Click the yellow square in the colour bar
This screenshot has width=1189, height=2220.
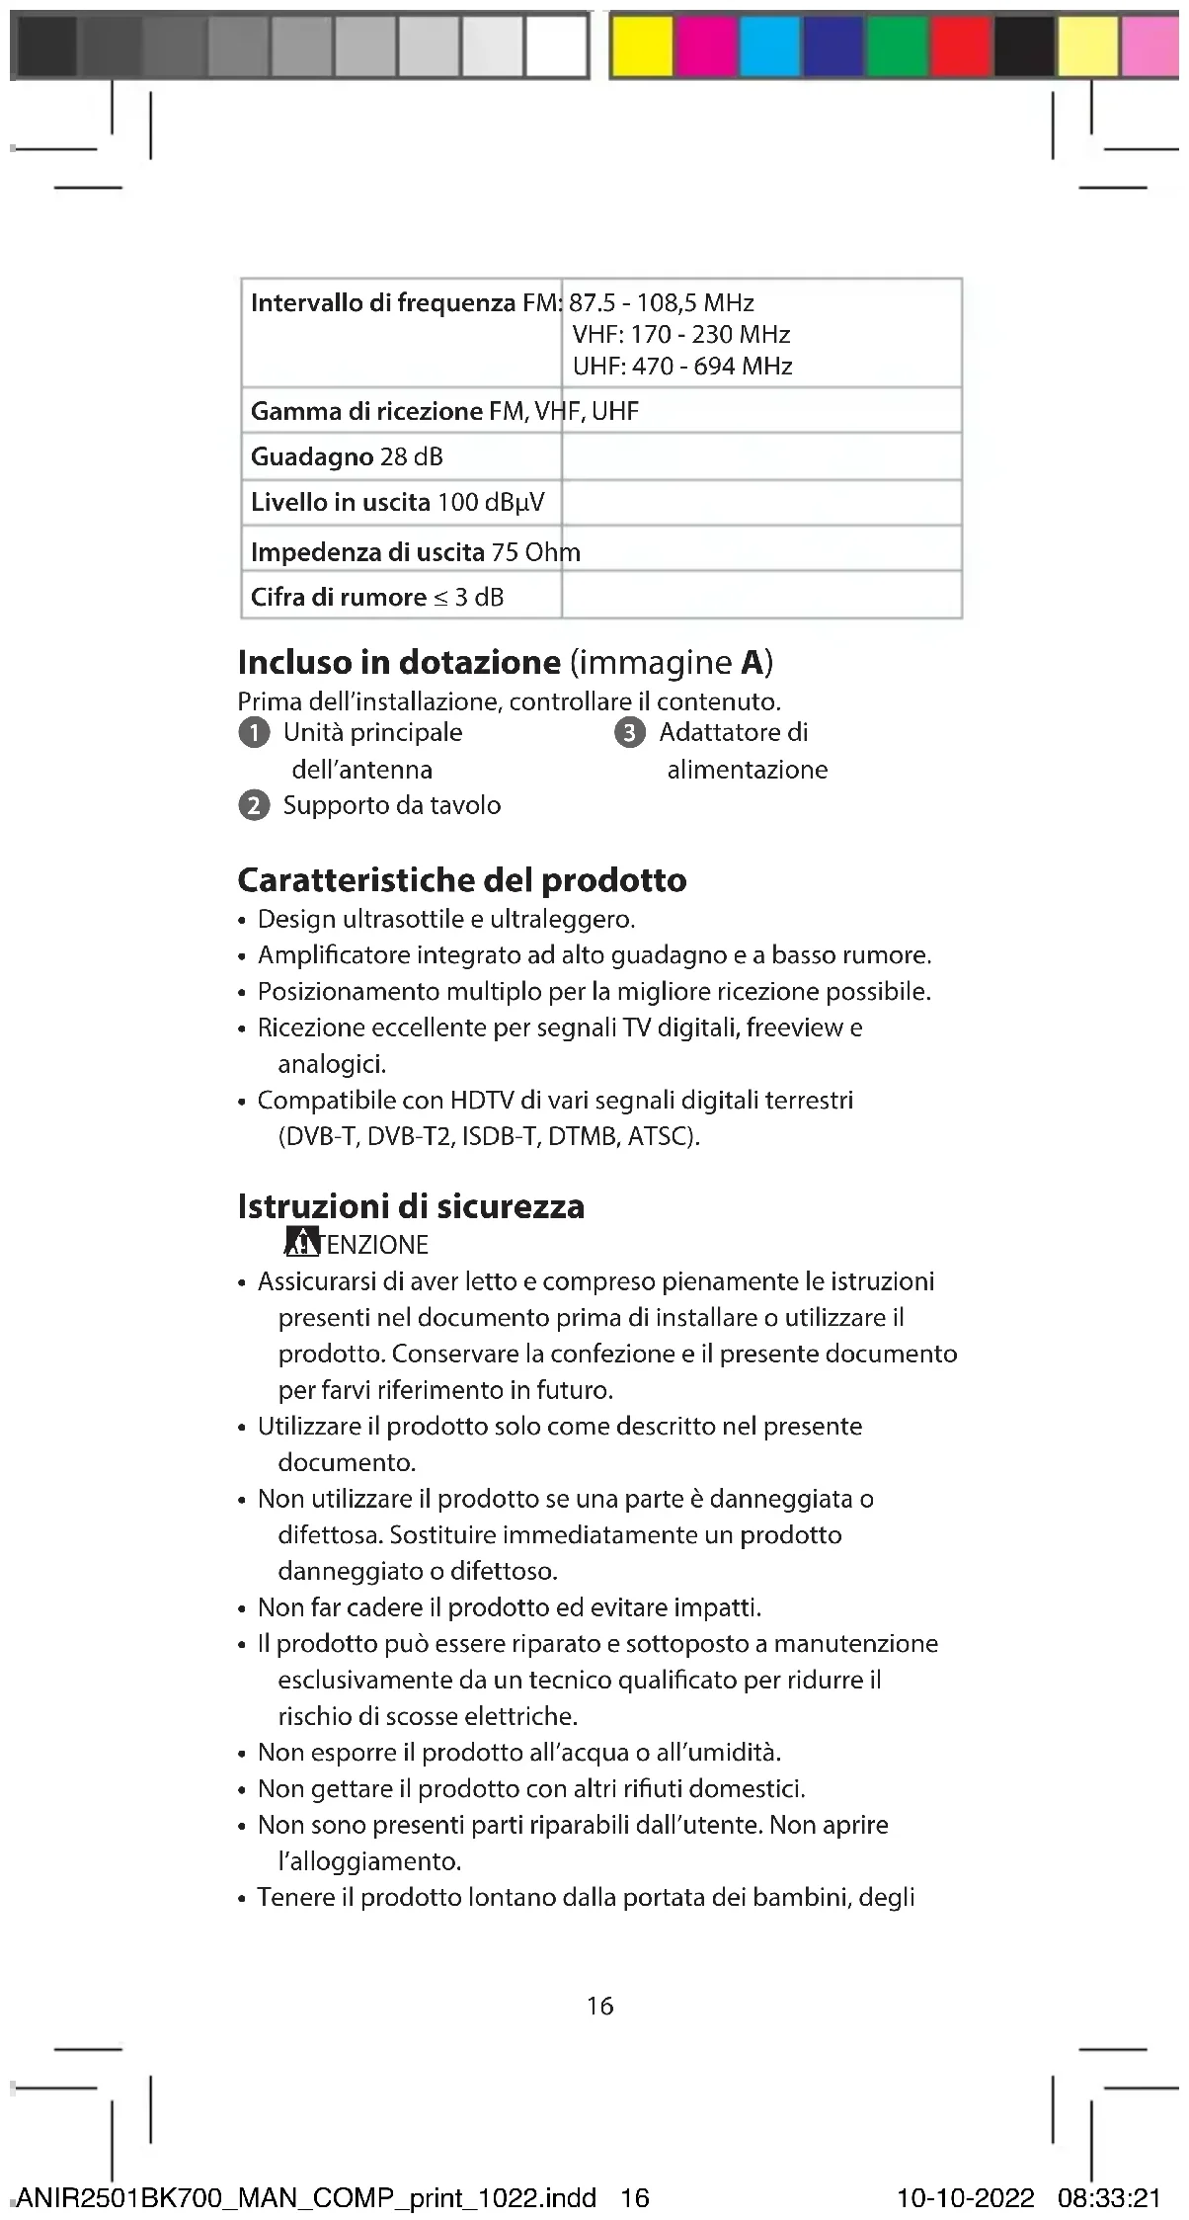click(642, 45)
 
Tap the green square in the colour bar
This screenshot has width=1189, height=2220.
click(898, 45)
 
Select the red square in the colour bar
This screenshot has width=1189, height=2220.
click(961, 45)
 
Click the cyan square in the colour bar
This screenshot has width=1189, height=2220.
click(769, 45)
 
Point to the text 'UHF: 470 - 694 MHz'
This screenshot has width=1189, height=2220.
click(682, 367)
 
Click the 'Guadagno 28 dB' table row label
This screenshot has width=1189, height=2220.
click(347, 456)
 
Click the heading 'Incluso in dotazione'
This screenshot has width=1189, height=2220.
click(399, 661)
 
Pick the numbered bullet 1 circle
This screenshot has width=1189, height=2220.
click(254, 733)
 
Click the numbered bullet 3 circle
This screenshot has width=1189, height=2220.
click(630, 733)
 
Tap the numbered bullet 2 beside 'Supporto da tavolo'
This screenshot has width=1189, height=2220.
click(254, 806)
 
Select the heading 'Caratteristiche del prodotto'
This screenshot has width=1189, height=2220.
click(462, 879)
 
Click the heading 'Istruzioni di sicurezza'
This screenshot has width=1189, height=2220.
click(411, 1205)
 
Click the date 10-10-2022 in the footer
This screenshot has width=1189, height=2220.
click(965, 2197)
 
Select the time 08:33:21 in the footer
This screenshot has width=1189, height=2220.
click(1109, 2197)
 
